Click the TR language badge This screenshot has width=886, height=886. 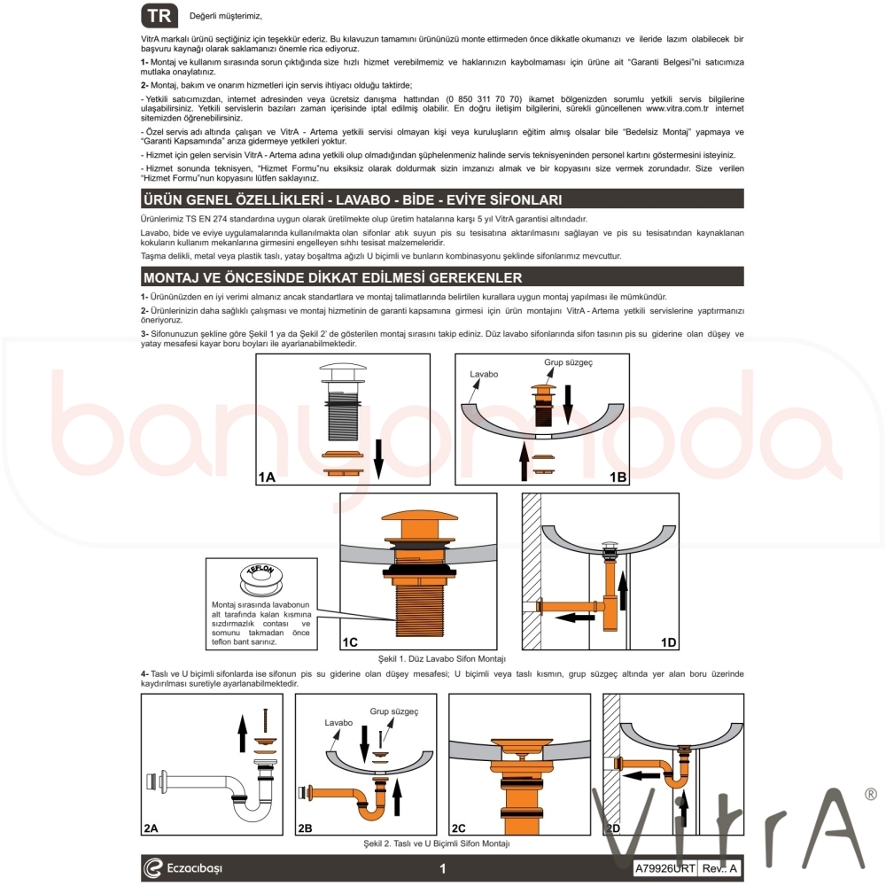click(159, 16)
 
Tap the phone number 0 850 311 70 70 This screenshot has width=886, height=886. click(484, 99)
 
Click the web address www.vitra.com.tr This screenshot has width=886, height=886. click(677, 108)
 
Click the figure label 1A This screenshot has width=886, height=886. click(267, 478)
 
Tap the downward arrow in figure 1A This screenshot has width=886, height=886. click(378, 459)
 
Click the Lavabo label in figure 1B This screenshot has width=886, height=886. click(484, 374)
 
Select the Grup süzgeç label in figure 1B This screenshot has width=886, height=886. click(569, 362)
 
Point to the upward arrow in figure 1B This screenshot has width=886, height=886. click(525, 462)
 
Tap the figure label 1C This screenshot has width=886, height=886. click(350, 642)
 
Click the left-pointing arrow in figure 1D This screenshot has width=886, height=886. click(575, 618)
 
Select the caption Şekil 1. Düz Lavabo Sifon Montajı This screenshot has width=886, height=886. click(442, 659)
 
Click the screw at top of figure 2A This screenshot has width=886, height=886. click(265, 720)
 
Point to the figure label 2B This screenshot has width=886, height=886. click(305, 828)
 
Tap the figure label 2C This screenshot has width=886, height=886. click(459, 828)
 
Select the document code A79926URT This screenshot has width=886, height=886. click(665, 868)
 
